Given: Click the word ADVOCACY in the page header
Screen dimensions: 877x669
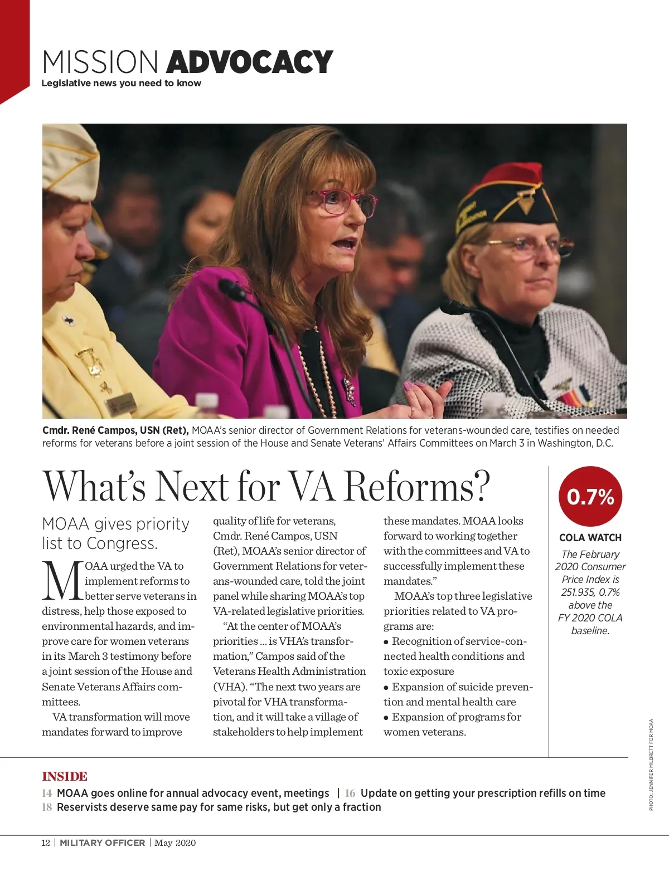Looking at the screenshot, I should tap(249, 62).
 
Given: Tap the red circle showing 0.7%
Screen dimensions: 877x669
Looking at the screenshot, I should tap(590, 496).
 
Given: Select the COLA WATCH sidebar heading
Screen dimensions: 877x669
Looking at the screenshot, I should tap(590, 538).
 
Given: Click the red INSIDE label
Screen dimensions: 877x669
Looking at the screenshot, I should tap(65, 776).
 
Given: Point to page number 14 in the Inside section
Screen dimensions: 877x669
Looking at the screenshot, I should tap(47, 793).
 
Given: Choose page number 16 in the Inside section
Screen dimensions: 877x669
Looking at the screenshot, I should tap(350, 793).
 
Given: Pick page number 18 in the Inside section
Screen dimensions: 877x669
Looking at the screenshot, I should tap(47, 807).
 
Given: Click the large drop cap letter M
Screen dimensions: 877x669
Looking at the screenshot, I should tap(62, 581).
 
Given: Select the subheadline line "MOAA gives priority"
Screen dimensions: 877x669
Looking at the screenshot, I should tap(116, 524).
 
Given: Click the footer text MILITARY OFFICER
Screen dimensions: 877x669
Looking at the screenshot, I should tap(102, 842).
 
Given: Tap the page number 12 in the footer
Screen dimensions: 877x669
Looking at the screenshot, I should tap(46, 842).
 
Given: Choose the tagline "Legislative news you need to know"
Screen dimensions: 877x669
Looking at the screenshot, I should tap(121, 84).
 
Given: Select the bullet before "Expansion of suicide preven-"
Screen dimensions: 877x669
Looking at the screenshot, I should tap(386, 688).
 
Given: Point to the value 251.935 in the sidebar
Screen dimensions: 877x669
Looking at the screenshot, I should tap(577, 592).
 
